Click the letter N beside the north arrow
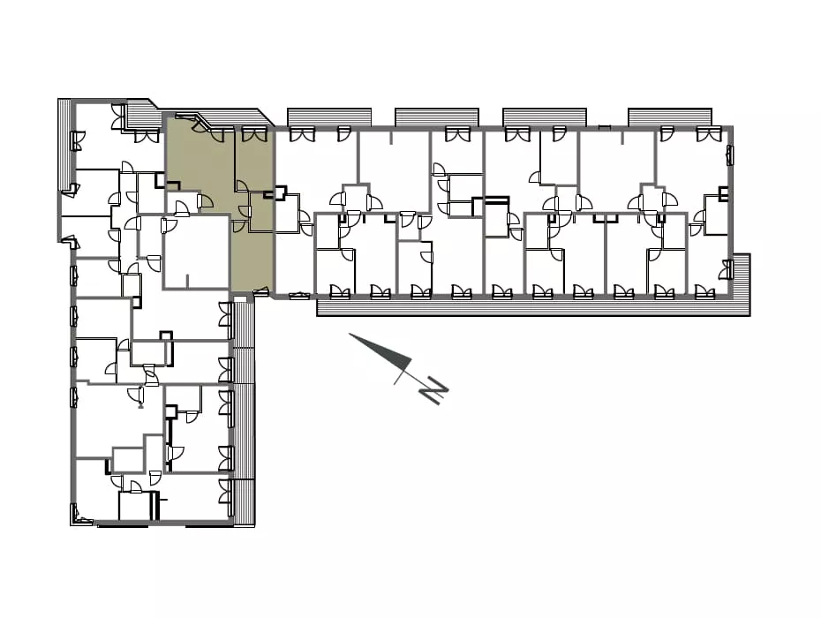tap(433, 389)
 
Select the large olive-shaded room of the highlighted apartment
tap(200, 167)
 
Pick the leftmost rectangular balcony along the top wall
tap(328, 117)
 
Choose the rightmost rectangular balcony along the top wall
tap(670, 117)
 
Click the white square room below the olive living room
tap(196, 252)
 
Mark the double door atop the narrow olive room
tap(254, 134)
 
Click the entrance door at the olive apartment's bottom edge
tap(260, 291)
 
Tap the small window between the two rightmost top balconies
tap(605, 127)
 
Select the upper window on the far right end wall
tap(728, 156)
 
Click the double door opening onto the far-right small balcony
tap(725, 269)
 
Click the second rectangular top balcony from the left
tap(437, 117)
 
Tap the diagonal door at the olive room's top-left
tap(200, 124)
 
